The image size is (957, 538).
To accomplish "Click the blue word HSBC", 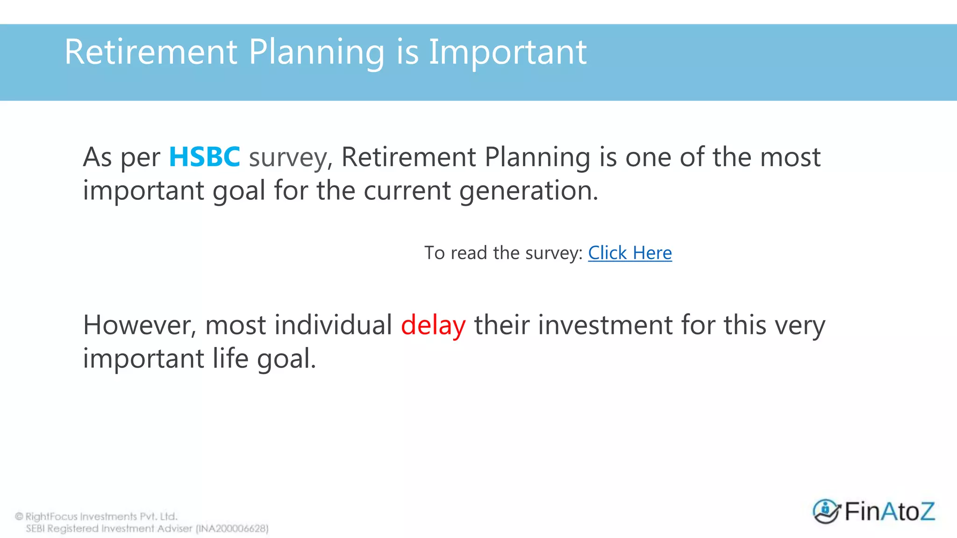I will click(x=204, y=157).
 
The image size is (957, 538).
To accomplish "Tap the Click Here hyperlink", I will click(x=629, y=253).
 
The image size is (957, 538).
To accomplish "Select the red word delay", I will click(x=433, y=326).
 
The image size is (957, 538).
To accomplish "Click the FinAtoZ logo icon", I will click(x=826, y=511).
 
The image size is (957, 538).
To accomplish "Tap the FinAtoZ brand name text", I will click(x=890, y=511).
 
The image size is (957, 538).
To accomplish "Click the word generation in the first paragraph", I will click(x=528, y=191).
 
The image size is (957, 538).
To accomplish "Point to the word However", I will click(x=139, y=326).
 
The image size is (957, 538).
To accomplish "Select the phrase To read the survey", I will click(x=503, y=253).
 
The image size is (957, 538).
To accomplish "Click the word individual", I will click(x=333, y=326).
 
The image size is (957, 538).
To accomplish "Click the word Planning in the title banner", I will click(x=316, y=53).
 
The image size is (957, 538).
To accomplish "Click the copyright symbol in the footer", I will click(x=19, y=517).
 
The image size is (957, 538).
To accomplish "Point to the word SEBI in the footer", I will click(x=36, y=529).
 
